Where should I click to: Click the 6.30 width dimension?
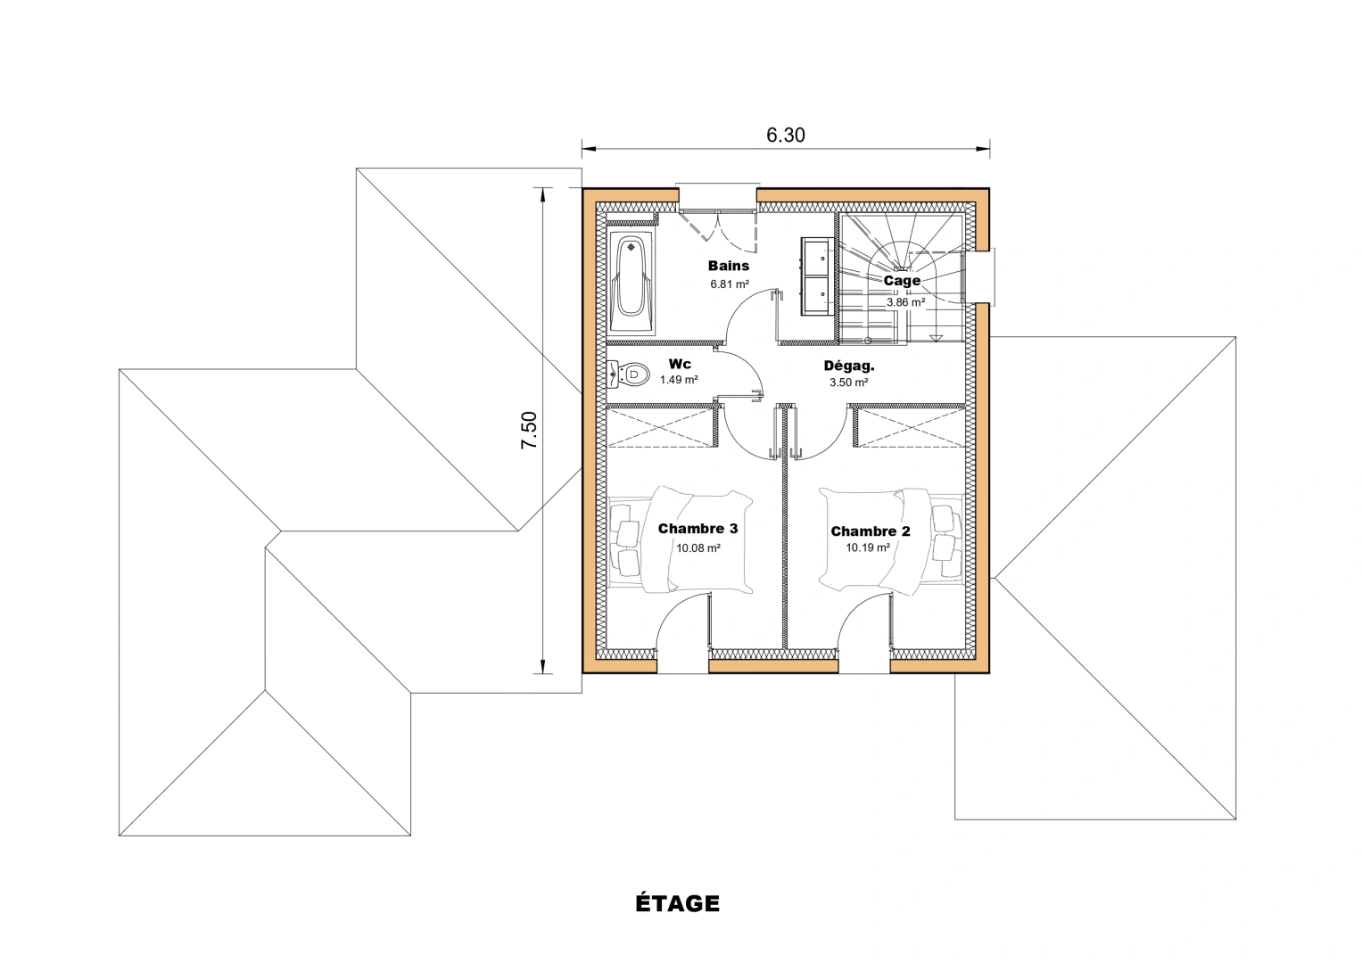click(x=785, y=135)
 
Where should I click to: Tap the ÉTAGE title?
click(x=677, y=903)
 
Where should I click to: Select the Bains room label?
click(x=729, y=266)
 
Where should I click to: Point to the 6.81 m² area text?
click(x=729, y=284)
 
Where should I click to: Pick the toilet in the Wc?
click(x=629, y=374)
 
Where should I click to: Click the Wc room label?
click(x=680, y=364)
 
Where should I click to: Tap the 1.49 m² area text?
click(x=679, y=380)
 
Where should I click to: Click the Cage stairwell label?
click(x=902, y=281)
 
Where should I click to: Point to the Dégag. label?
click(x=848, y=366)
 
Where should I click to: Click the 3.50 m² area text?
click(x=848, y=383)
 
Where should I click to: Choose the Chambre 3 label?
click(x=698, y=529)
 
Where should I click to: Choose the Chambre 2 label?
click(x=871, y=531)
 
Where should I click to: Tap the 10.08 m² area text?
click(x=698, y=548)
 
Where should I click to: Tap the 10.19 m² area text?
click(x=868, y=548)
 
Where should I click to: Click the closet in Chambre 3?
click(x=661, y=426)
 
